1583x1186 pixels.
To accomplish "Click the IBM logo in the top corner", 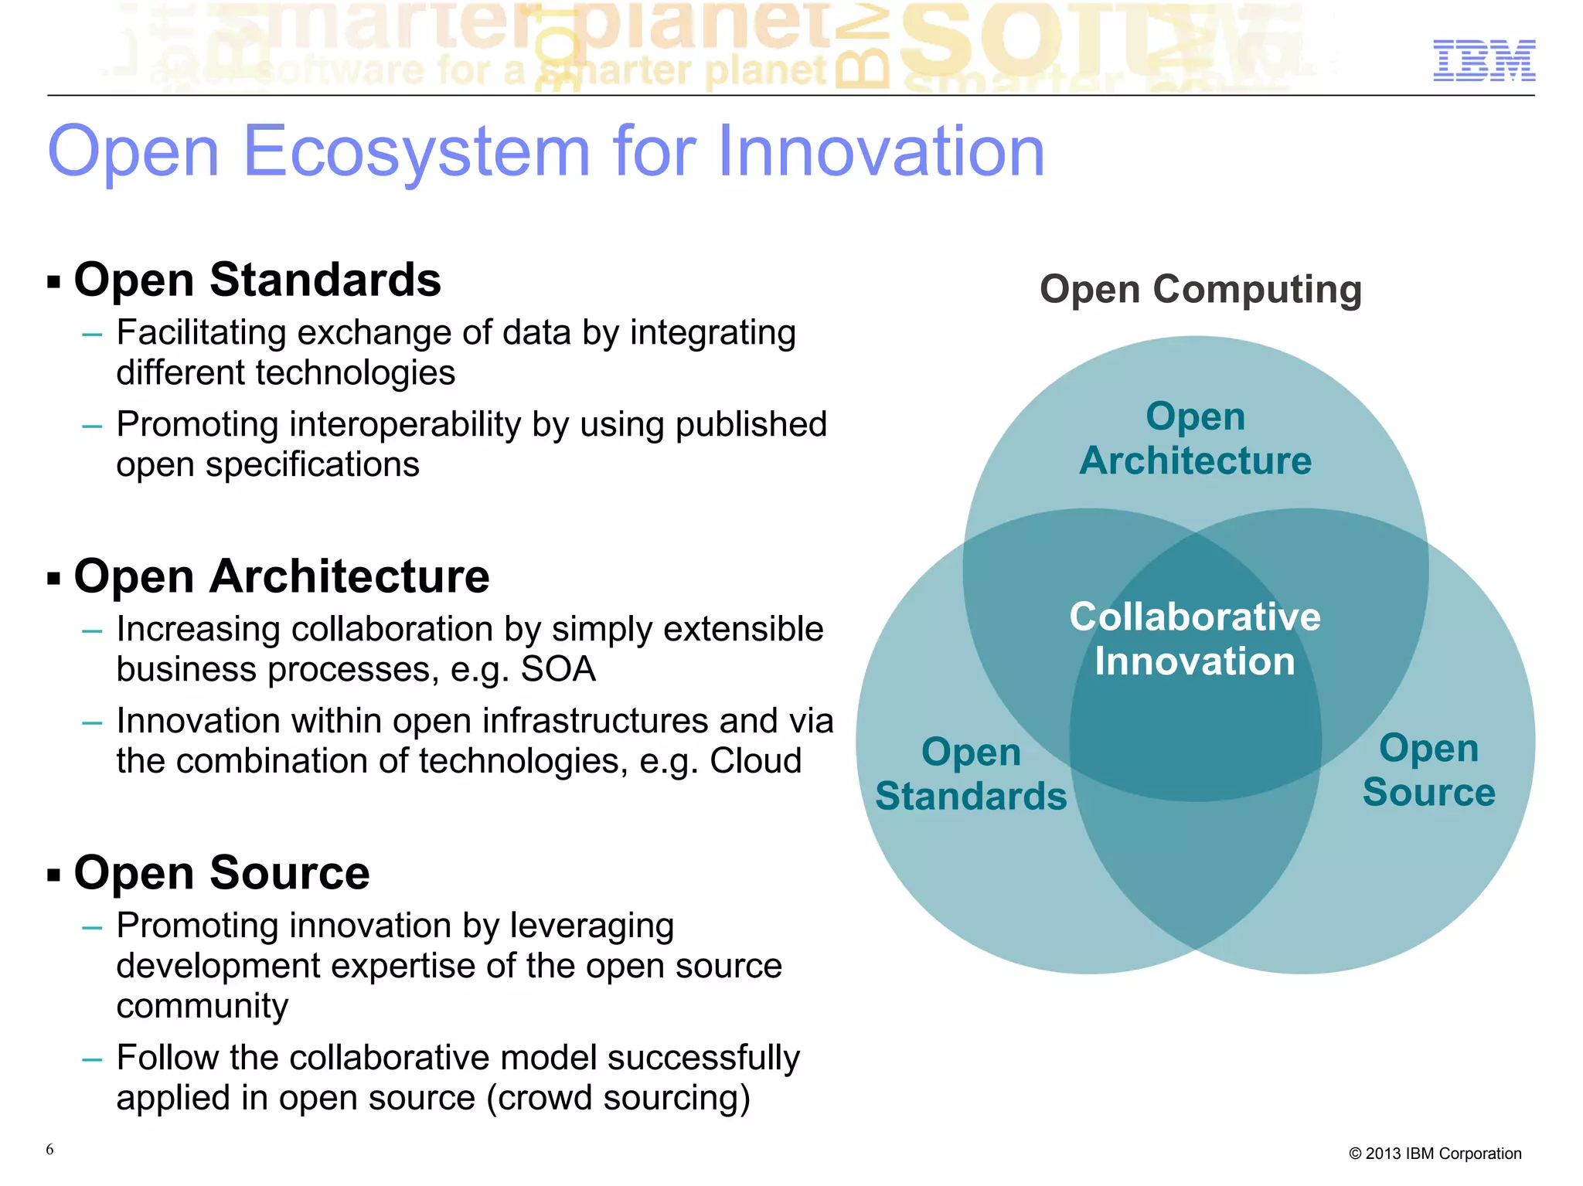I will [x=1483, y=60].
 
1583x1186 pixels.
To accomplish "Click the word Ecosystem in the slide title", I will [x=417, y=151].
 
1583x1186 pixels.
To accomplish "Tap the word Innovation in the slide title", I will [x=880, y=151].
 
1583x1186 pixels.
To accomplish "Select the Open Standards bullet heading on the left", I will [x=257, y=280].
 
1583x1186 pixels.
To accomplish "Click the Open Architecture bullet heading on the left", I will [x=281, y=576].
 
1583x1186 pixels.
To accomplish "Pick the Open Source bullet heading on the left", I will [x=222, y=873].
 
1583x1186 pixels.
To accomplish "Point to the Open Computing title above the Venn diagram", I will [x=1200, y=290].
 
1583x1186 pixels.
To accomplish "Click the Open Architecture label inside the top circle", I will [x=1195, y=439].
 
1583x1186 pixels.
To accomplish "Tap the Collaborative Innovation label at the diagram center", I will [x=1195, y=639].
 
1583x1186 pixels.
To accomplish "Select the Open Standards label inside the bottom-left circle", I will [x=971, y=774].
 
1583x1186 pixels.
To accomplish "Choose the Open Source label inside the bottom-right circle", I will [x=1428, y=770].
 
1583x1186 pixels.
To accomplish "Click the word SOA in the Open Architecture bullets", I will [x=558, y=669].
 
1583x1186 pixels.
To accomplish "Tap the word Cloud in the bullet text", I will [x=755, y=761].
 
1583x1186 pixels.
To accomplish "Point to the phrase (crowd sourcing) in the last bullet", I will [x=618, y=1098].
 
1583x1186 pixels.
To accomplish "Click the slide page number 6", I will [x=49, y=1149].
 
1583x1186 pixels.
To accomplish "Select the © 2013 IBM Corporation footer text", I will [x=1435, y=1154].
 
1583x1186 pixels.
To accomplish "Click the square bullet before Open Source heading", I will [x=53, y=875].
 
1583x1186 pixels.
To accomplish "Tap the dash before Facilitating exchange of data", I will [x=92, y=335].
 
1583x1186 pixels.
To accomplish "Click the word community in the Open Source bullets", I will [x=203, y=1006].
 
